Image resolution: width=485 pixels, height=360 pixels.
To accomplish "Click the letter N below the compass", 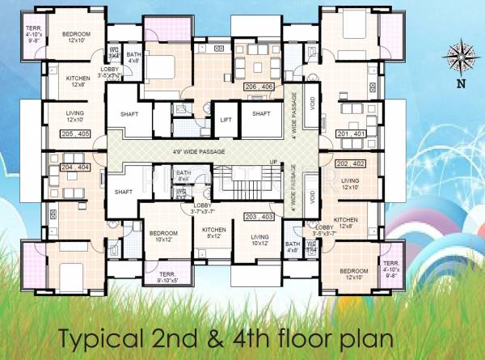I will coord(460,83).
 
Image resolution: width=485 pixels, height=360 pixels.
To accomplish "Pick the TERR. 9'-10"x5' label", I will coord(170,276).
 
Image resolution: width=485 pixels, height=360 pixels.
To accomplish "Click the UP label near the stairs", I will coord(274,163).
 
